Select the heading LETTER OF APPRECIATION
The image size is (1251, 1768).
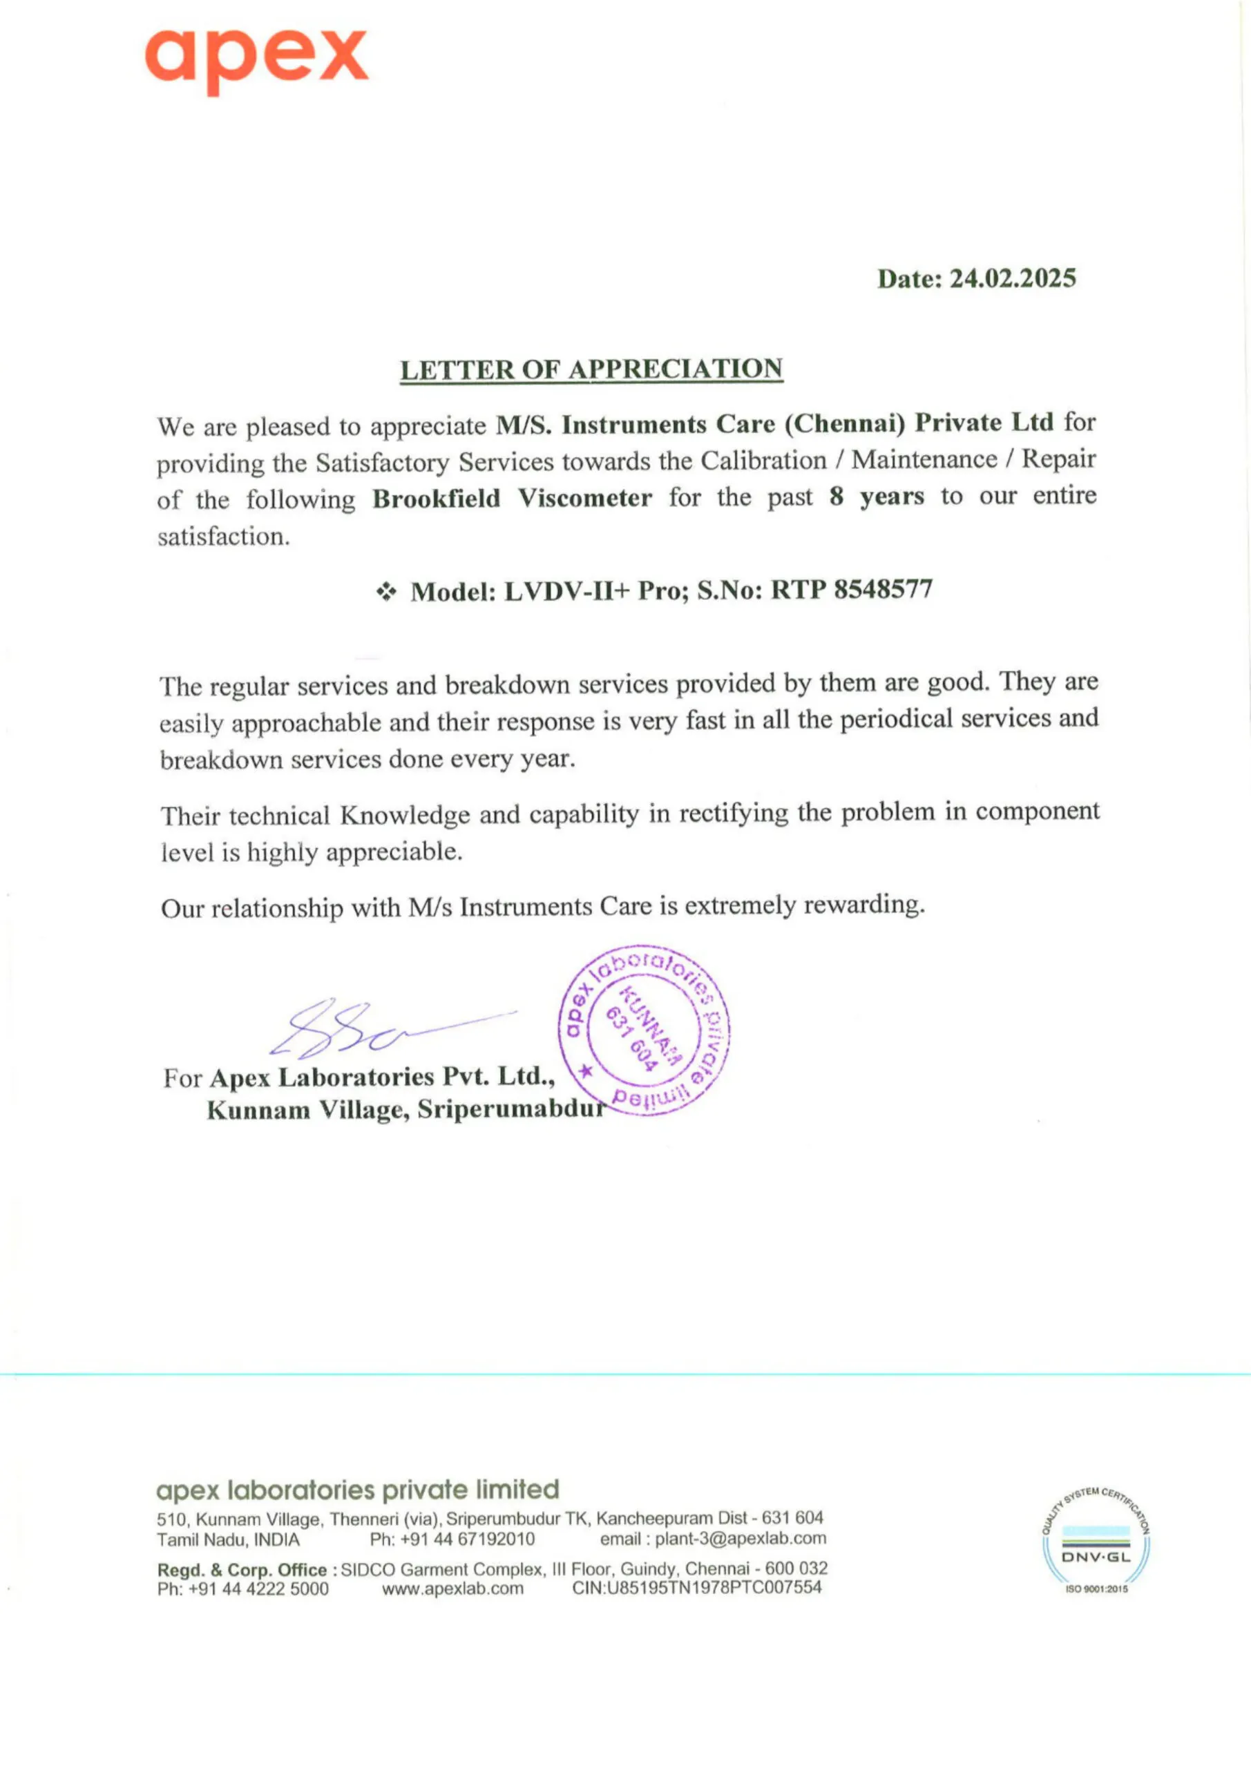pyautogui.click(x=591, y=369)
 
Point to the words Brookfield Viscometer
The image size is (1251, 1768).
pyautogui.click(x=513, y=498)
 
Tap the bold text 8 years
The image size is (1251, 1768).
pyautogui.click(x=877, y=496)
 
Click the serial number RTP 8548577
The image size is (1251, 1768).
pyautogui.click(x=851, y=590)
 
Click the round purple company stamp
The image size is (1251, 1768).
pyautogui.click(x=643, y=1030)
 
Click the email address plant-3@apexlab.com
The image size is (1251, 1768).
pyautogui.click(x=741, y=1539)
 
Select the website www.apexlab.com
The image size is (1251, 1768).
pyautogui.click(x=452, y=1588)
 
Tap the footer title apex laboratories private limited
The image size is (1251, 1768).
pyautogui.click(x=357, y=1489)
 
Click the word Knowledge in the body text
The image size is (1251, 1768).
pyautogui.click(x=404, y=815)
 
